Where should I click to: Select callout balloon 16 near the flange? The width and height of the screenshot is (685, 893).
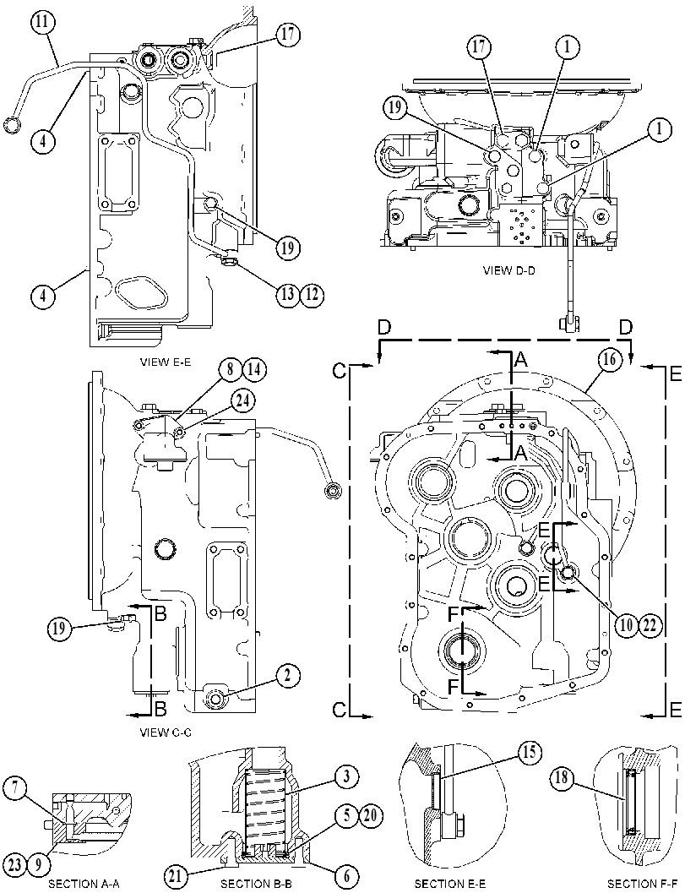609,360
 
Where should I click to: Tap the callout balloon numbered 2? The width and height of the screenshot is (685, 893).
288,676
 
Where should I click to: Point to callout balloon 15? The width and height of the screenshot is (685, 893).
529,752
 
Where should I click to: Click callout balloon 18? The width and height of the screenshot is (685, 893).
562,778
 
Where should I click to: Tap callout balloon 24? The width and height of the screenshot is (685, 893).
242,400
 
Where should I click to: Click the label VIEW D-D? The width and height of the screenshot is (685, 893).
509,270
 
